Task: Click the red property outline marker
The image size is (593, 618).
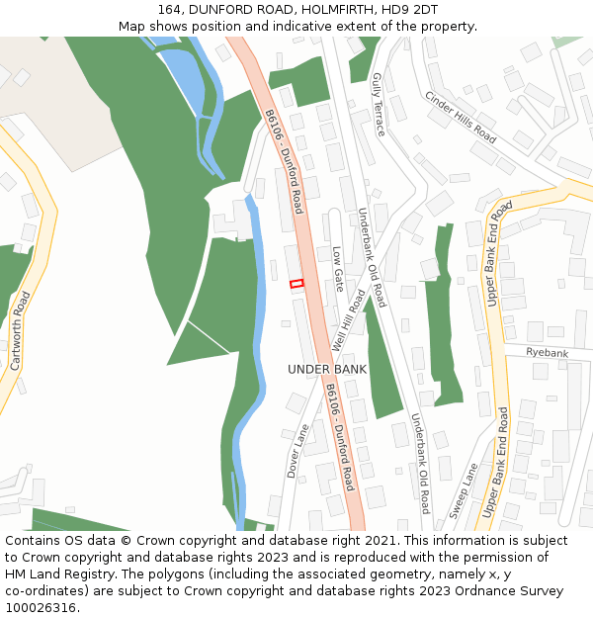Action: point(296,284)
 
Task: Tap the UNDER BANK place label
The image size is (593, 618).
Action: point(327,369)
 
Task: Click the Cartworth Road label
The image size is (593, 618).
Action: point(20,330)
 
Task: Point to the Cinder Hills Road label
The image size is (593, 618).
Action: point(461,117)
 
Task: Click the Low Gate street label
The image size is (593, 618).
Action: point(338,268)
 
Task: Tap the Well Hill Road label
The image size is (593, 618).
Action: point(349,319)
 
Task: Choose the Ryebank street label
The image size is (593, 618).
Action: point(547,353)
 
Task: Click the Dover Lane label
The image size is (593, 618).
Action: point(297,451)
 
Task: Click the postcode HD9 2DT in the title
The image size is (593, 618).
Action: point(414,9)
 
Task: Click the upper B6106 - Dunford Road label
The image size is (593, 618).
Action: point(284,160)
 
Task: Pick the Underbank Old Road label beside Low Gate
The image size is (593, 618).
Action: point(373,255)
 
